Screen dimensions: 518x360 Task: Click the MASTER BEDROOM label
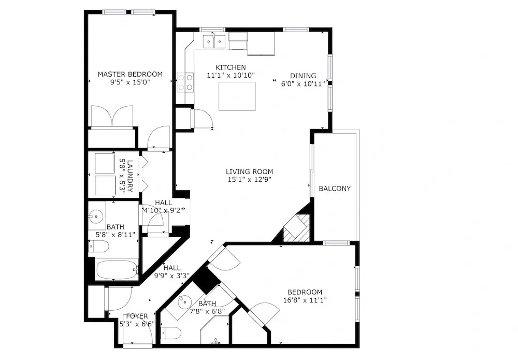[x=130, y=74]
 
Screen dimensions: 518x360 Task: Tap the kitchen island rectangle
[x=237, y=96]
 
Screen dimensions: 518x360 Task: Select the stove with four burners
[x=185, y=82]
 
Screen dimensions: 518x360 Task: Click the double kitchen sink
[x=214, y=41]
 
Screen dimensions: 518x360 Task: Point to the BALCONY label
[x=335, y=189]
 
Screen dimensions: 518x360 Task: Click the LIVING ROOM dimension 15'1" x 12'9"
[x=250, y=180]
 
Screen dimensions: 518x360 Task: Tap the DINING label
[x=303, y=76]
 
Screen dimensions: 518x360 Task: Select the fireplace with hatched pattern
[x=297, y=228]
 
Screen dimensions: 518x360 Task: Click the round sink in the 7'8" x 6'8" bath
[x=183, y=301]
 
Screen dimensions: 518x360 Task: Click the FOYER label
[x=137, y=316]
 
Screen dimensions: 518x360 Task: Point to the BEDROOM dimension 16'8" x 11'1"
[x=305, y=300]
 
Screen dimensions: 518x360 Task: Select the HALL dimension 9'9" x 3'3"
[x=172, y=276]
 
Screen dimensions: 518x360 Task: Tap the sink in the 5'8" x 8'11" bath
[x=96, y=217]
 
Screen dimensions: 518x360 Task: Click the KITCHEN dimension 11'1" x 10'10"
[x=231, y=75]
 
